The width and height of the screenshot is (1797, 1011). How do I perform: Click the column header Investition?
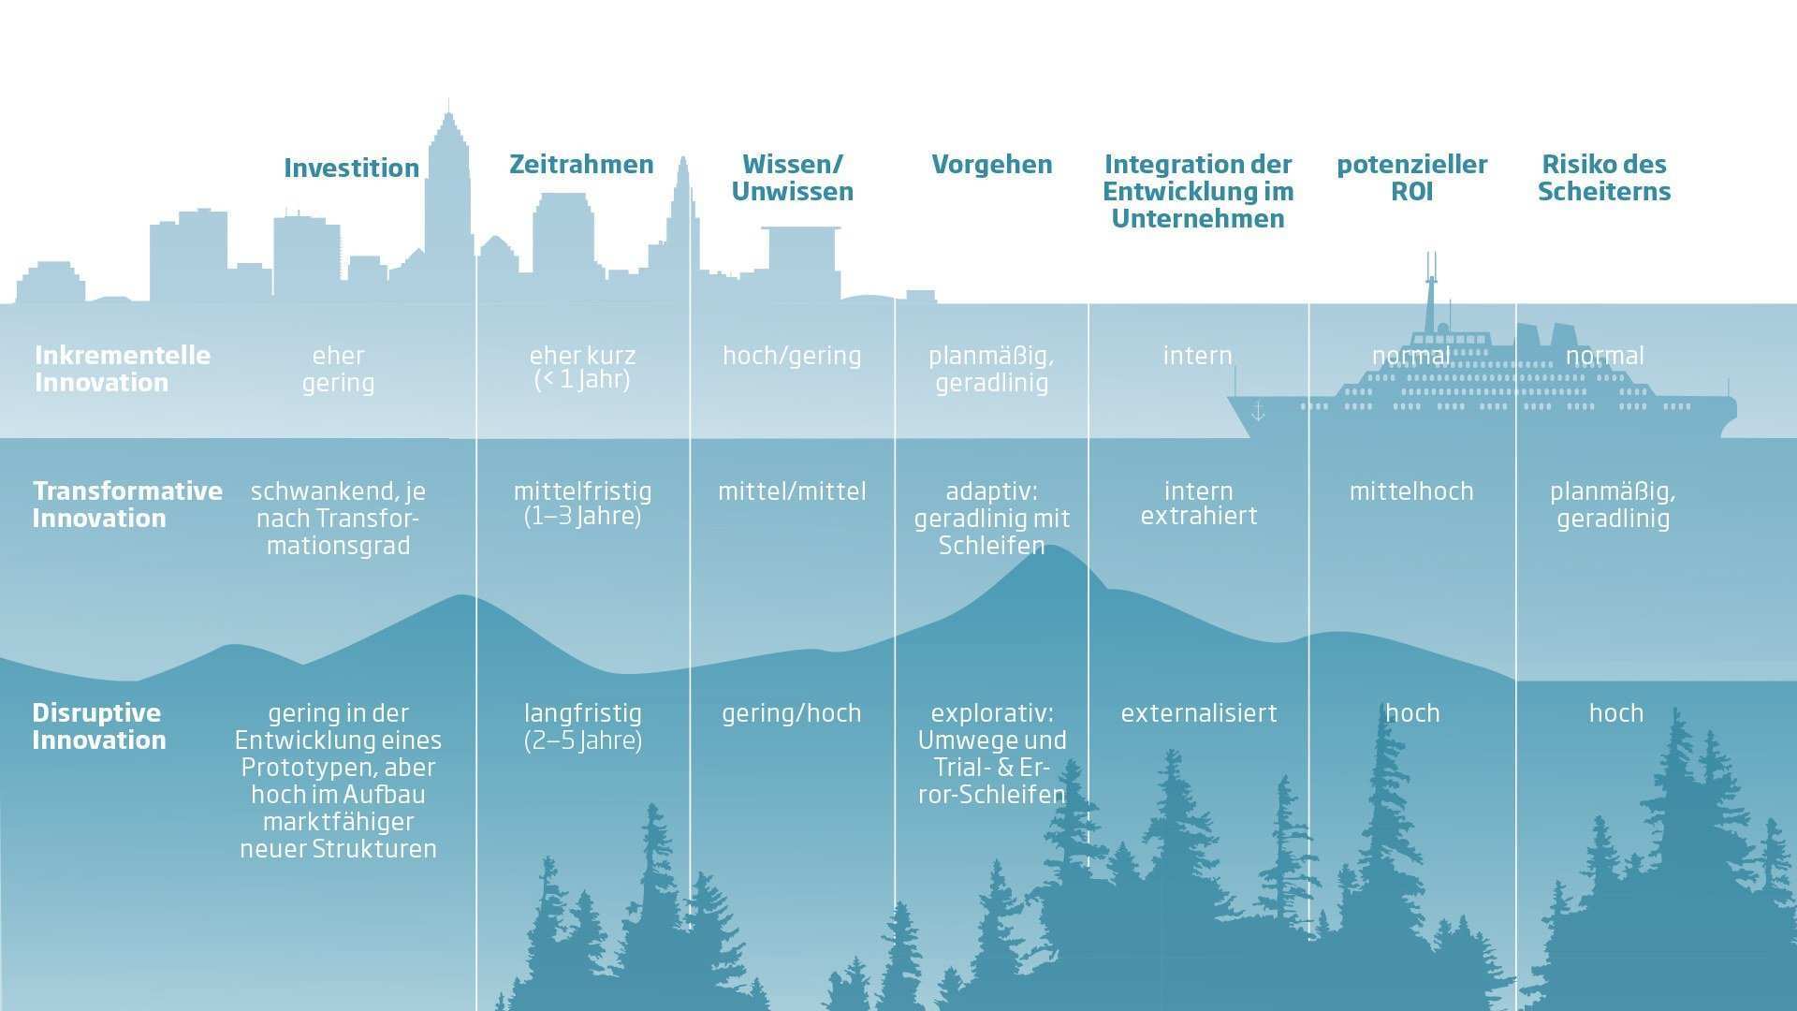coord(351,168)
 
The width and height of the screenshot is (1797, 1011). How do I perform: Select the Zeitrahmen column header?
coord(581,164)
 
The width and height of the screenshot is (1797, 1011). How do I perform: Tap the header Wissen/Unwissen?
coord(792,178)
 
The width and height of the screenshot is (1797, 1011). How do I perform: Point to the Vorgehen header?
coord(991,164)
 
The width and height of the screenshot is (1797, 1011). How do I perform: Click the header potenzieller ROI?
coord(1411,178)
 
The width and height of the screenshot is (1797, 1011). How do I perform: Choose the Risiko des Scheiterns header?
coord(1603,178)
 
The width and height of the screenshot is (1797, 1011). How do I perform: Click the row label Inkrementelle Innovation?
coord(123,369)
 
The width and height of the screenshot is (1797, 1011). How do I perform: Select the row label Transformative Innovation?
coord(127,505)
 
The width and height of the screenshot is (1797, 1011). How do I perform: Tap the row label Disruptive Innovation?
coord(98,726)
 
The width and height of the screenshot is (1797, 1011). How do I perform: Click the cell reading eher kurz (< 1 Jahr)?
coord(582,368)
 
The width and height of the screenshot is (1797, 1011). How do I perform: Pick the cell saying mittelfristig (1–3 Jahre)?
coord(582,504)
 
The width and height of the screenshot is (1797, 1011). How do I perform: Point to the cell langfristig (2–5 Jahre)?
coord(582,726)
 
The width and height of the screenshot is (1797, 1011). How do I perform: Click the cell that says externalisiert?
coord(1198,713)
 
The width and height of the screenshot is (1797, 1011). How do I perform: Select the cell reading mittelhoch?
coord(1411,491)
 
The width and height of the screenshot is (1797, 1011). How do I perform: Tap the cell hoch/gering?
coord(792,356)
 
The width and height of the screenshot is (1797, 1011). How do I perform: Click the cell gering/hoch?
coord(792,713)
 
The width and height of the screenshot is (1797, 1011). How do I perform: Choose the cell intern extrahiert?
coord(1198,504)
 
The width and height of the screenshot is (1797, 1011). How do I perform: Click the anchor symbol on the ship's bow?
coord(1258,411)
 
